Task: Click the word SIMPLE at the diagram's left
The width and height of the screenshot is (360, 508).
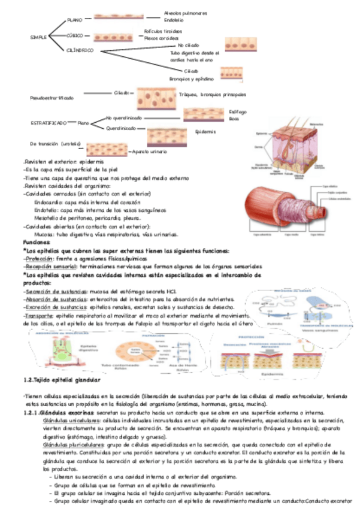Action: [38, 37]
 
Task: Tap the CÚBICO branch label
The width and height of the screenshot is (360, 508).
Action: [75, 35]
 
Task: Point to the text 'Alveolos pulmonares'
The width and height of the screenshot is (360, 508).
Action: [186, 13]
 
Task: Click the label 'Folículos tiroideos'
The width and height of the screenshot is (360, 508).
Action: [164, 31]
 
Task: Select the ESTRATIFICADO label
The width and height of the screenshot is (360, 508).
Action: [49, 122]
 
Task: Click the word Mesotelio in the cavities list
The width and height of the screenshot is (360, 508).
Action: [49, 219]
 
